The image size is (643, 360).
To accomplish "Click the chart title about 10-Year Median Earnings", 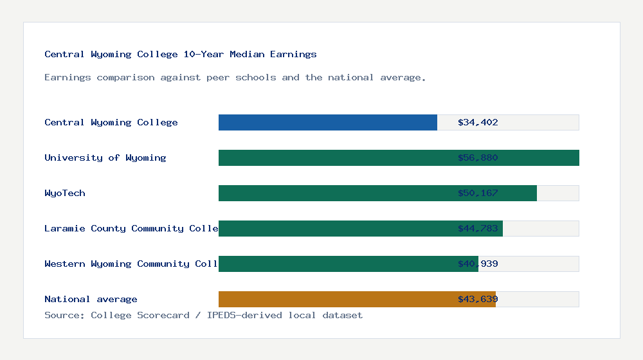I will (180, 55).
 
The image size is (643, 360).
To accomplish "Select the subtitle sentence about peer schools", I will (235, 78).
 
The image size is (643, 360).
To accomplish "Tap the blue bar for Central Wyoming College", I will (328, 122).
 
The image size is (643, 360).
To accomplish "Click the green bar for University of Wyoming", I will (334, 157).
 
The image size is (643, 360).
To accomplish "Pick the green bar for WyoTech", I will (334, 193).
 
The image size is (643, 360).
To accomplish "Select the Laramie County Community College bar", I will (334, 228).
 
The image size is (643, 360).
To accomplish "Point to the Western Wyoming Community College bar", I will (334, 264).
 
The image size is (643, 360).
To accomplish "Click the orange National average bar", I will (334, 299).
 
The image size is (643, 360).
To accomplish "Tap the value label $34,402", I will (478, 122).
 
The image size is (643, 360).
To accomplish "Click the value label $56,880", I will (478, 157).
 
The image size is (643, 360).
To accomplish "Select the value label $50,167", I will (478, 193).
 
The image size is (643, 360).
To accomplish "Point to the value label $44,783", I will (478, 228).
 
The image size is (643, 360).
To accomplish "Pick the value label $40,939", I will (478, 264).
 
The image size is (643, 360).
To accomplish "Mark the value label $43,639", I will (478, 299).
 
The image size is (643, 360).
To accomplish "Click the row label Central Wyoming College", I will (111, 122).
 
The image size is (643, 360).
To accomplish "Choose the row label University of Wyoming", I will (105, 157).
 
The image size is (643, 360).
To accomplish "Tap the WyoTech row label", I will (64, 193).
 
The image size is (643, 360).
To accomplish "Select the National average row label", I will (90, 299).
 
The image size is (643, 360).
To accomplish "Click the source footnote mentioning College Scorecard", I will (203, 316).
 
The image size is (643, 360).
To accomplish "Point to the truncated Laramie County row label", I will (131, 228).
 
